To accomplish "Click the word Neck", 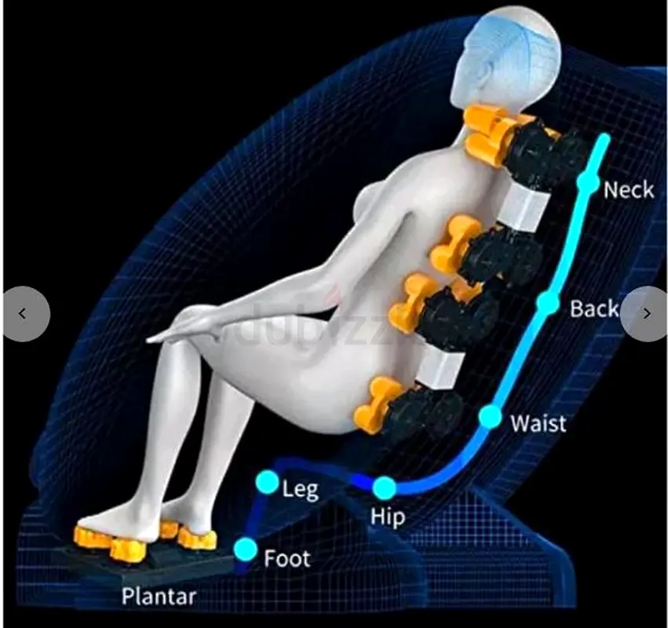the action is (629, 190).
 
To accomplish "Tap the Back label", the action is (594, 309).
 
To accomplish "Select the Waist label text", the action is (538, 423).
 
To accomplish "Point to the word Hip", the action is (388, 517).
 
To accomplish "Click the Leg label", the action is (301, 489).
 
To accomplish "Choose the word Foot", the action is (287, 559).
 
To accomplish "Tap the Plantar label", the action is (159, 596).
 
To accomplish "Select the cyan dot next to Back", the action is (548, 301).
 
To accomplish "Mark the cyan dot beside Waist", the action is (491, 417).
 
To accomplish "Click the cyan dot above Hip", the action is (385, 487).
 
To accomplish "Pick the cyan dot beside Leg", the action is (267, 482).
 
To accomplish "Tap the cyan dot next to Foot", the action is (246, 549).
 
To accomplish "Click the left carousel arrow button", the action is (27, 314).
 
